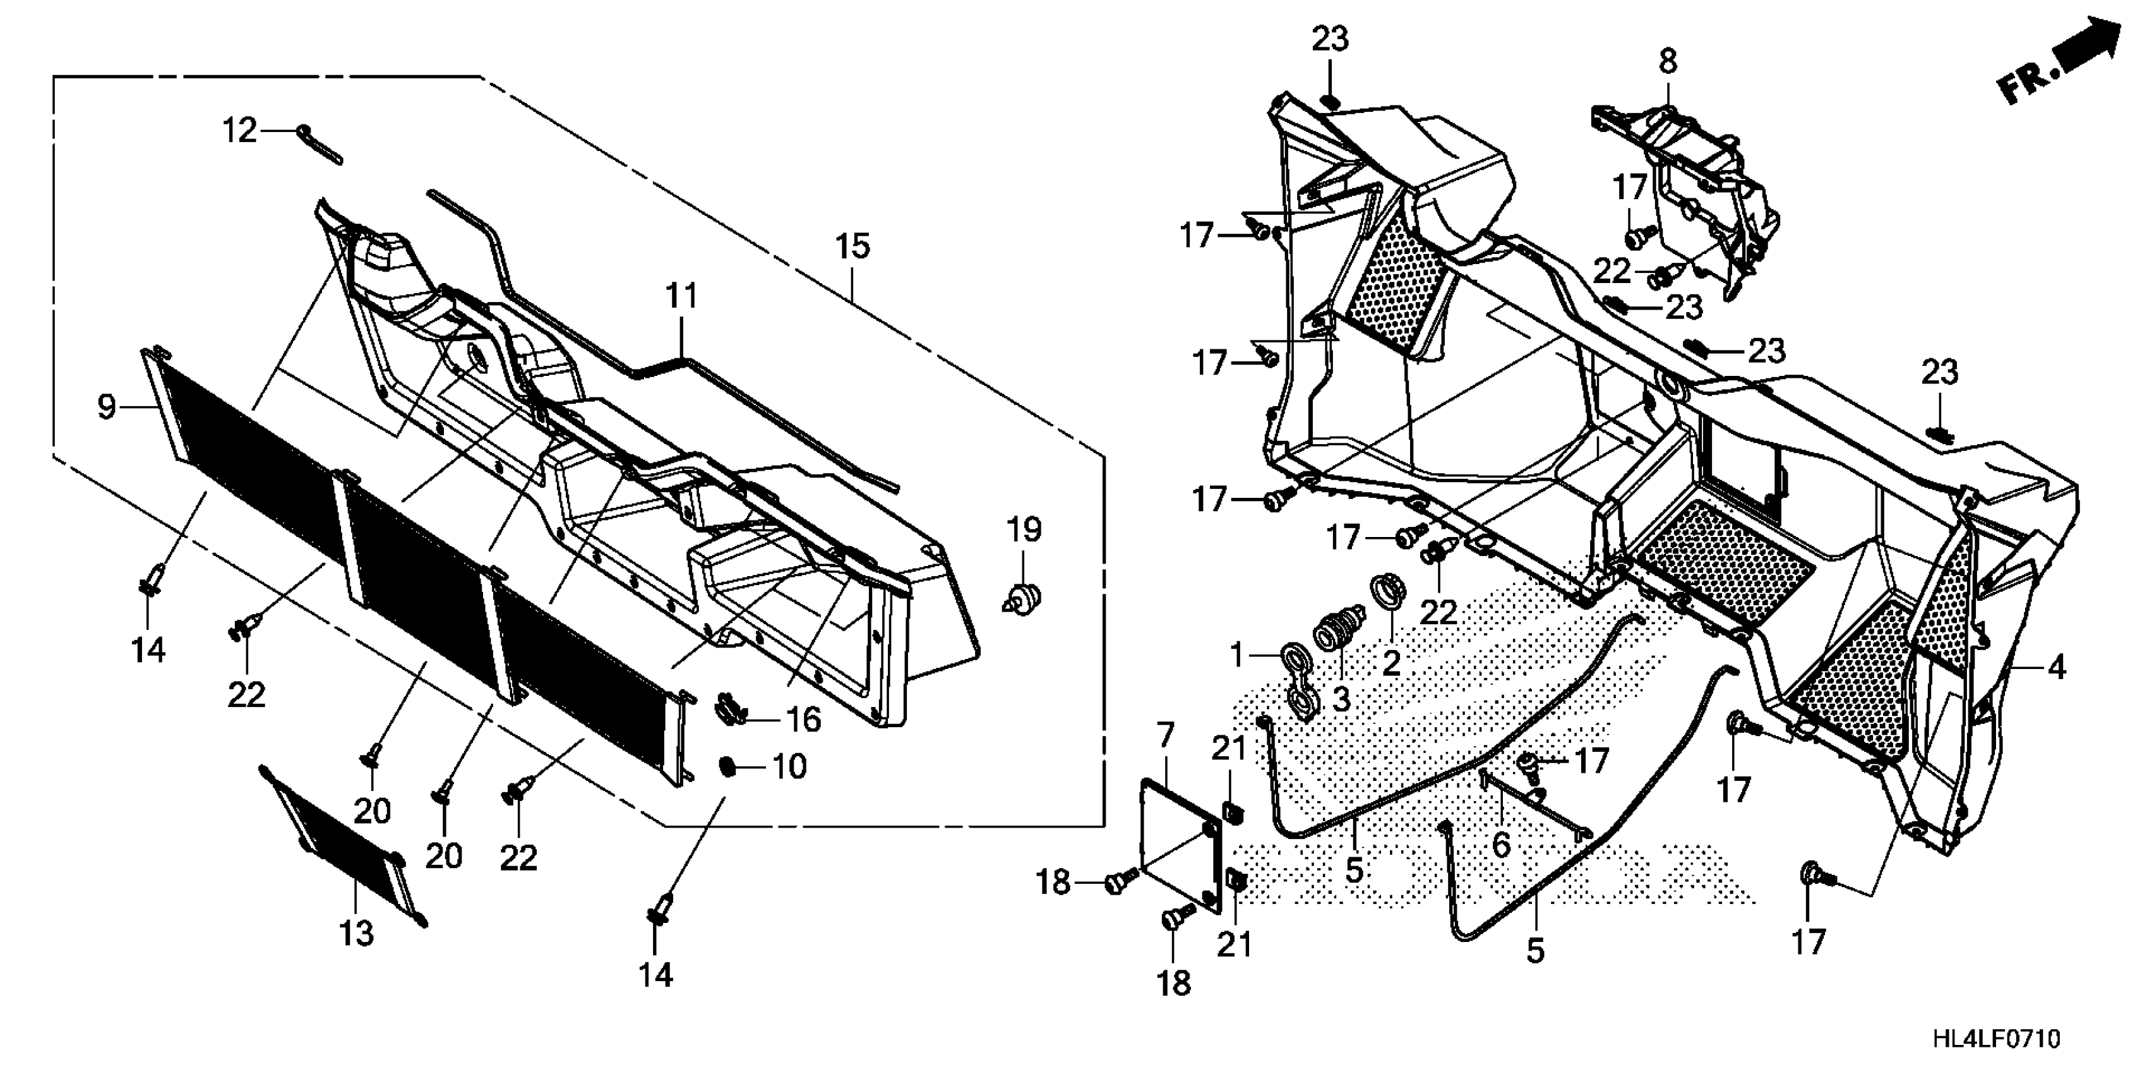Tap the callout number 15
coord(852,247)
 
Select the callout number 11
coord(681,297)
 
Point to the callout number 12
coord(239,131)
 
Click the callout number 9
coord(107,407)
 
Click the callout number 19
coord(1024,529)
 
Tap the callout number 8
coord(1667,62)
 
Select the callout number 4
coord(2056,668)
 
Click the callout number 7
coord(1164,735)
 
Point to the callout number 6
coord(1500,845)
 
